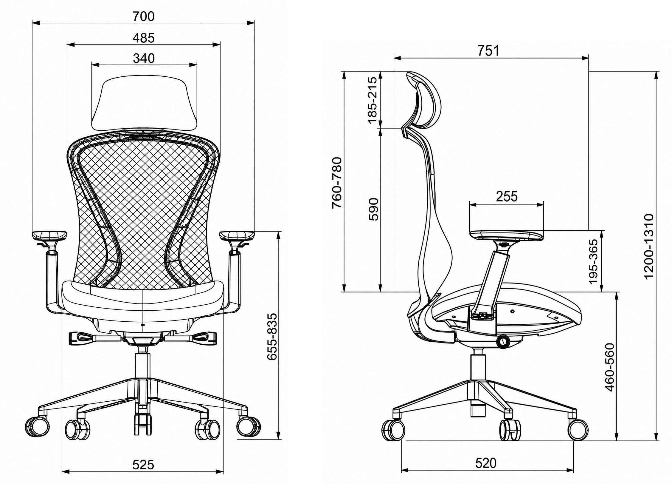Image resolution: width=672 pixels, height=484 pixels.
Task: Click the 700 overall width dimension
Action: click(x=144, y=16)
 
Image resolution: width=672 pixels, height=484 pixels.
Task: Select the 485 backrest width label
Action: click(x=144, y=38)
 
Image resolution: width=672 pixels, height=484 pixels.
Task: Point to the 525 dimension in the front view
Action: click(x=143, y=465)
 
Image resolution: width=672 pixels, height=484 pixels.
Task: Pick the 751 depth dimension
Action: click(x=488, y=51)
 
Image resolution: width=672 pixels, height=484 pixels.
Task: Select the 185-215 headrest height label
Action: click(x=373, y=100)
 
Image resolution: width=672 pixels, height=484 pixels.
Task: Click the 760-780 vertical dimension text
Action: click(x=338, y=183)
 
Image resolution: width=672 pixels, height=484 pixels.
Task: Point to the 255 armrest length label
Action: click(x=507, y=196)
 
